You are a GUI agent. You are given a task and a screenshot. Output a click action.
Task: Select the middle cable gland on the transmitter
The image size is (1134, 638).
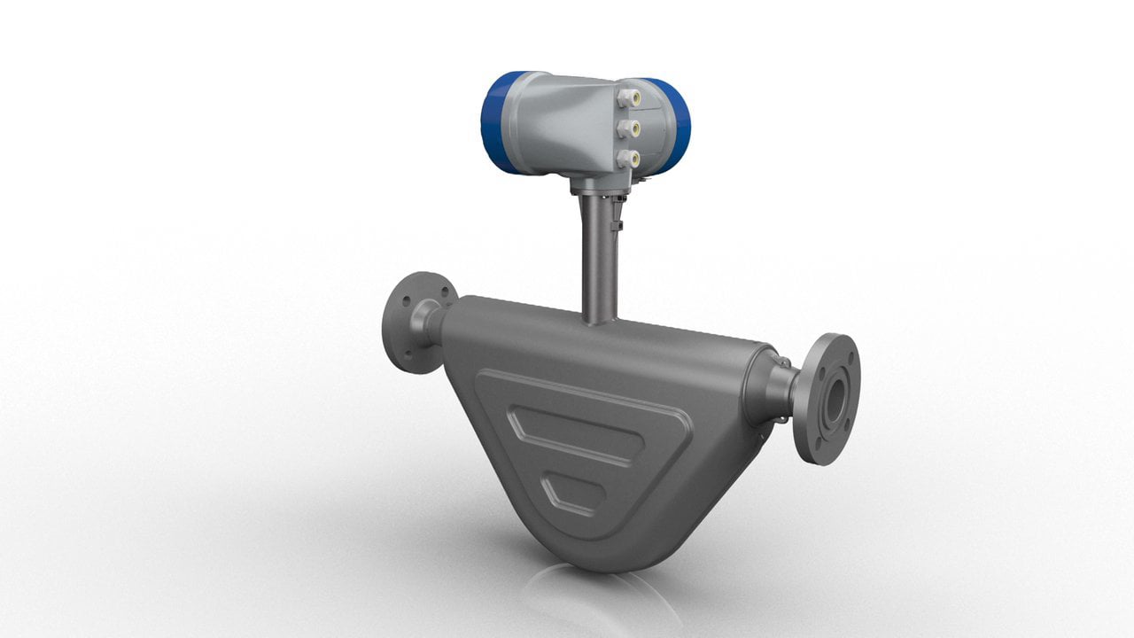click(628, 128)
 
